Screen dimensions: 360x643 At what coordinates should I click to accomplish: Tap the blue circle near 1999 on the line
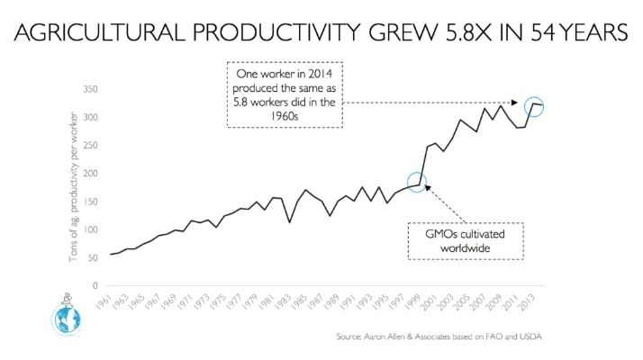tap(417, 182)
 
